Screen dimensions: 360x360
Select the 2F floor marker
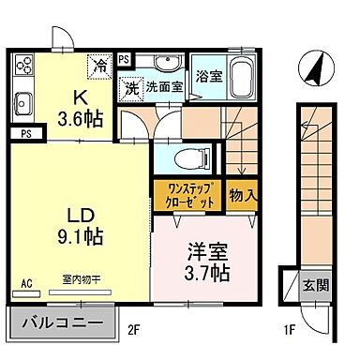(x=134, y=329)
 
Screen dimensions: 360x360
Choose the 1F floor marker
(x=290, y=329)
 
